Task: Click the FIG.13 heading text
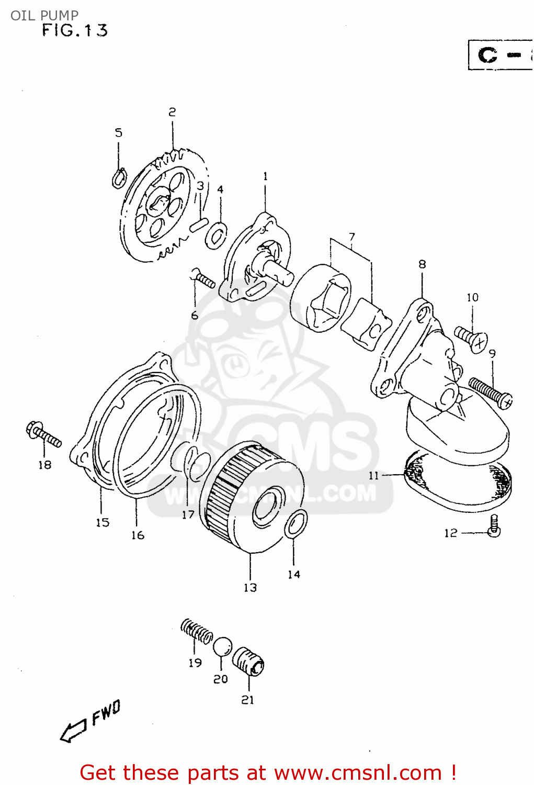75,30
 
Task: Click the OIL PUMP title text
44,15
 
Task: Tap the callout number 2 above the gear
172,111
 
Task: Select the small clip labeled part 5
119,178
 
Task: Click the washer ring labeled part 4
216,235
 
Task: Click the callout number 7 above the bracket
352,237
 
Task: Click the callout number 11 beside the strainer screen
373,475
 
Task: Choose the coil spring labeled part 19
197,631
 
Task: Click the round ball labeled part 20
222,646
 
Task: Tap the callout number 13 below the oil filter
250,588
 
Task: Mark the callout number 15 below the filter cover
103,522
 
